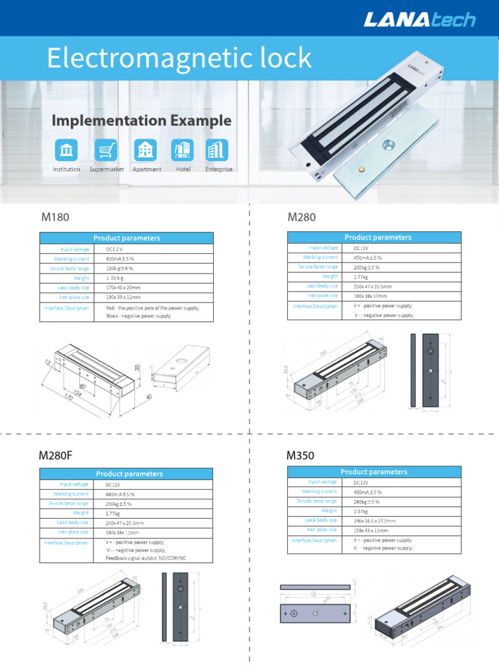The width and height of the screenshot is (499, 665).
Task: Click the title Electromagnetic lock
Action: click(x=179, y=58)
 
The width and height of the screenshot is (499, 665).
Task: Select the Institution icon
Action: click(x=66, y=150)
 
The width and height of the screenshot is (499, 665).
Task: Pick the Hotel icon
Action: click(x=182, y=150)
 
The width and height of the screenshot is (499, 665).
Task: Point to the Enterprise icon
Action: click(x=216, y=150)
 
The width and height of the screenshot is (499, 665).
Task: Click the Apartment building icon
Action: click(x=144, y=150)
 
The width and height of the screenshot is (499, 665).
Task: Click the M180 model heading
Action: click(x=55, y=217)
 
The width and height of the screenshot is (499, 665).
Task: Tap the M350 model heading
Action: click(x=301, y=455)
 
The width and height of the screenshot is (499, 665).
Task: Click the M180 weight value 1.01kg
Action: click(x=120, y=278)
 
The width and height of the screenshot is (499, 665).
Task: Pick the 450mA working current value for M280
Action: click(x=368, y=257)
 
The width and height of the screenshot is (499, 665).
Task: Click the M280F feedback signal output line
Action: click(x=146, y=558)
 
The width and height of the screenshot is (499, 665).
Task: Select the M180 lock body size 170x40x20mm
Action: click(x=123, y=288)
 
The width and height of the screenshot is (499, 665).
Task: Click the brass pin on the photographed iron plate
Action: click(x=361, y=169)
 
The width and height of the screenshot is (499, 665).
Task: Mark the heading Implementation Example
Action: click(x=141, y=120)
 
